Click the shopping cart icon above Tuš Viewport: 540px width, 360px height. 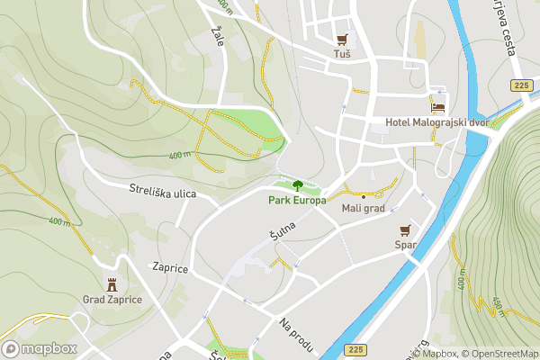pyautogui.click(x=341, y=39)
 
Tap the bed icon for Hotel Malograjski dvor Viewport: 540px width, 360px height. pyautogui.click(x=438, y=106)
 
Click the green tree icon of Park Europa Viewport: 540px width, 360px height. pyautogui.click(x=297, y=185)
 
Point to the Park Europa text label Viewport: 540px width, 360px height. pyautogui.click(x=297, y=200)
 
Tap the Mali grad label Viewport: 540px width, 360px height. pyautogui.click(x=363, y=209)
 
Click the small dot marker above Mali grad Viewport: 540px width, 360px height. pyautogui.click(x=363, y=196)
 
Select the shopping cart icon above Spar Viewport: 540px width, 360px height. pyautogui.click(x=404, y=229)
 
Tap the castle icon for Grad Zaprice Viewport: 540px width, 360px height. pyautogui.click(x=112, y=284)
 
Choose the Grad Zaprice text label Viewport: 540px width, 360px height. pyautogui.click(x=112, y=300)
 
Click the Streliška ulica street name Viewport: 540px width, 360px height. pyautogui.click(x=162, y=190)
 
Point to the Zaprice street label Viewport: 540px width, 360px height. pyautogui.click(x=169, y=267)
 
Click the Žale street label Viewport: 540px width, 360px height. pyautogui.click(x=217, y=37)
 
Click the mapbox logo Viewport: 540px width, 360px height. pyautogui.click(x=40, y=348)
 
